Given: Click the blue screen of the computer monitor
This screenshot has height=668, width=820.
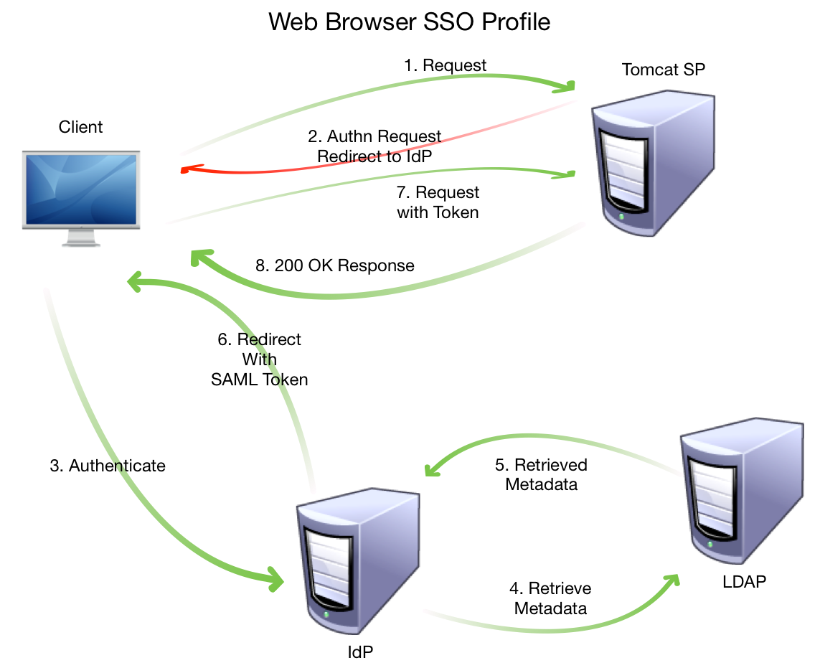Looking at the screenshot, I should [80, 189].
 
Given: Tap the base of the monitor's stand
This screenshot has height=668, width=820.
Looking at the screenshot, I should [81, 244].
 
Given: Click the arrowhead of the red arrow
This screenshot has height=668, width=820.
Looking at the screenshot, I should [187, 170].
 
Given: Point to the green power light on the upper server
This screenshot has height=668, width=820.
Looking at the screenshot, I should [621, 216].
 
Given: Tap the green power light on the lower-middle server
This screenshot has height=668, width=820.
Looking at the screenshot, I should [326, 614].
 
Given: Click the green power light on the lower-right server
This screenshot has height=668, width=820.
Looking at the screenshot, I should [710, 544].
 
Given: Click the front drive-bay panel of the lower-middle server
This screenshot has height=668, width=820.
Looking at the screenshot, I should [329, 567].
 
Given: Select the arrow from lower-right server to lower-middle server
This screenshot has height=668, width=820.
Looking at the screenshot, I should [545, 438].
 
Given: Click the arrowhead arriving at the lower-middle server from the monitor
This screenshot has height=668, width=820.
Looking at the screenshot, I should [275, 578].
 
